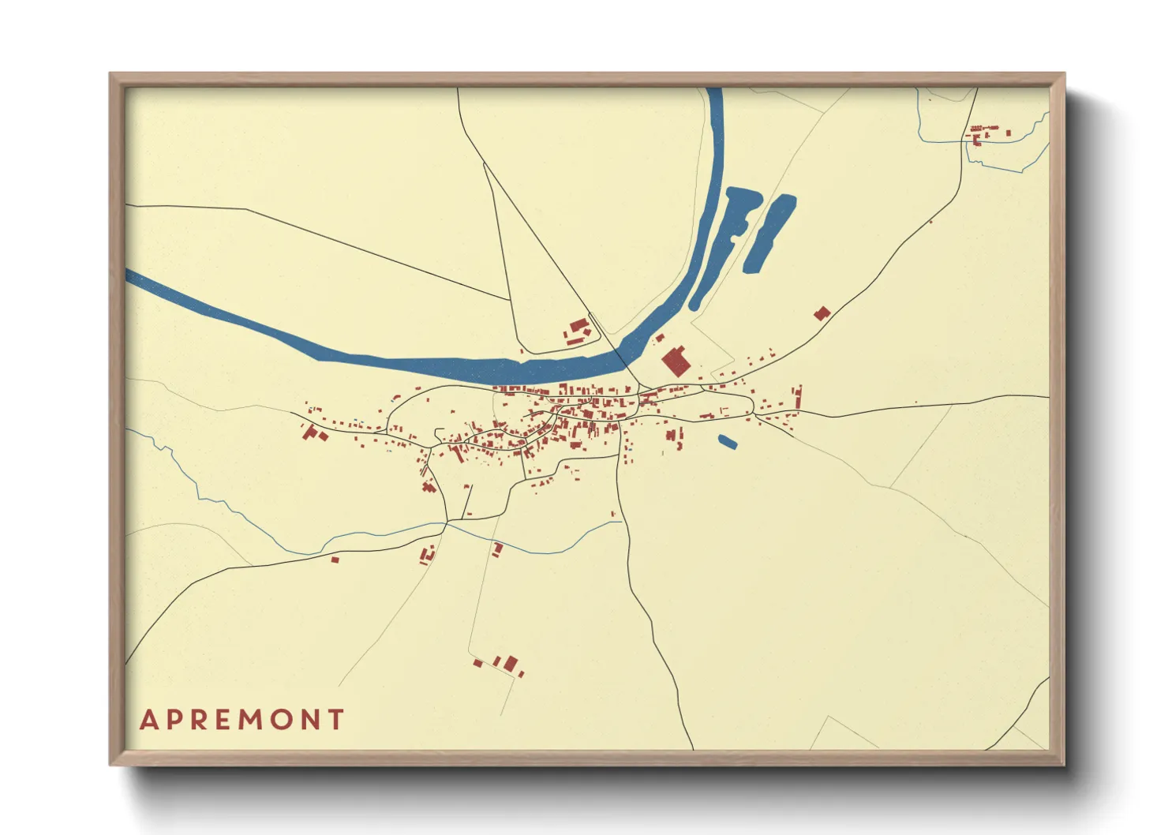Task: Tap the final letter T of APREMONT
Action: click(x=337, y=720)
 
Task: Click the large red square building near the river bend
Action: click(x=676, y=361)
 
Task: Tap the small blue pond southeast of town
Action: click(x=727, y=442)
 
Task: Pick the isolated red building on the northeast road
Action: click(x=822, y=313)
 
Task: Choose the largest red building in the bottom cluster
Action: click(x=511, y=663)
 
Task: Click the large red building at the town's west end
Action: click(x=311, y=432)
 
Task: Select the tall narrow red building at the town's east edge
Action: click(x=799, y=399)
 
